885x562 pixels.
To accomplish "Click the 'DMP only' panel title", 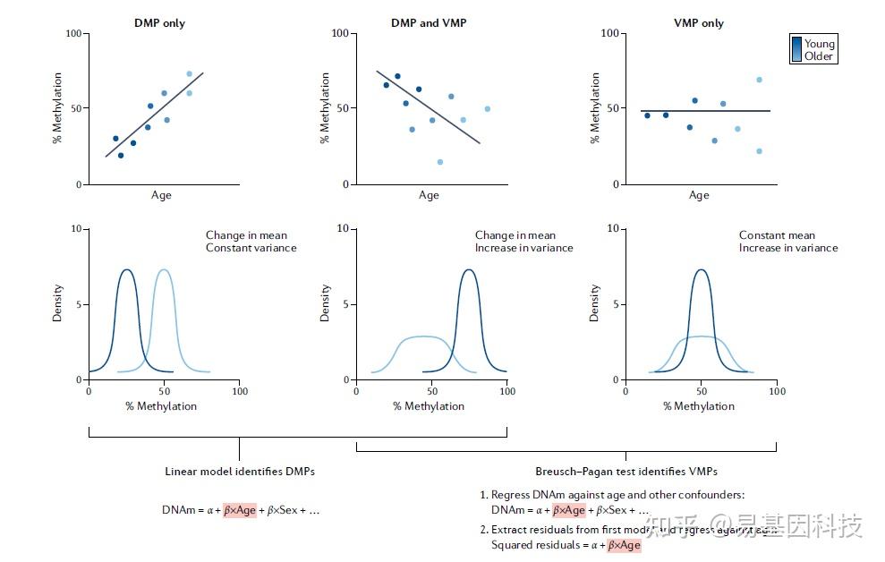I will (x=159, y=22).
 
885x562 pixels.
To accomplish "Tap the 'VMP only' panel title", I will (x=699, y=22).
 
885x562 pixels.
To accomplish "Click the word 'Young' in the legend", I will (x=820, y=44).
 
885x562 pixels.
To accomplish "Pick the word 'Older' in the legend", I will (x=819, y=56).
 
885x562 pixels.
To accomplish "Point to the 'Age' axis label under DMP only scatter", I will (x=161, y=195).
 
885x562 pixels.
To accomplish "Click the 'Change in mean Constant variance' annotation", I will (x=251, y=242).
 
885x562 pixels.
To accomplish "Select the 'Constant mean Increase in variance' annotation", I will (x=788, y=242).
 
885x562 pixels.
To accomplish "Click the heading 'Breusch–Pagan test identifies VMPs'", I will (x=625, y=471).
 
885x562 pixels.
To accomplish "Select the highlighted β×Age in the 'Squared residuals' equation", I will (x=624, y=545).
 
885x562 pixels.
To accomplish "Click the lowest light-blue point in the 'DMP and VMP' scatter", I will (x=440, y=162).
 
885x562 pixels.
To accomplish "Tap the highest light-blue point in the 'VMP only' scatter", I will (x=759, y=80).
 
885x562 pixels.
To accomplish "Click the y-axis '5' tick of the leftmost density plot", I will (x=78, y=304).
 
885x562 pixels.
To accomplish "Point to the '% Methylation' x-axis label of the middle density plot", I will (x=429, y=406).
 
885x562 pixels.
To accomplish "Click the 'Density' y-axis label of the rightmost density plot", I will (x=595, y=303).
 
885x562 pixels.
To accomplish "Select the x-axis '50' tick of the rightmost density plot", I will (x=701, y=391).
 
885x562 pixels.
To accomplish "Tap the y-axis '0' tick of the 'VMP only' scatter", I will (x=615, y=184).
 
